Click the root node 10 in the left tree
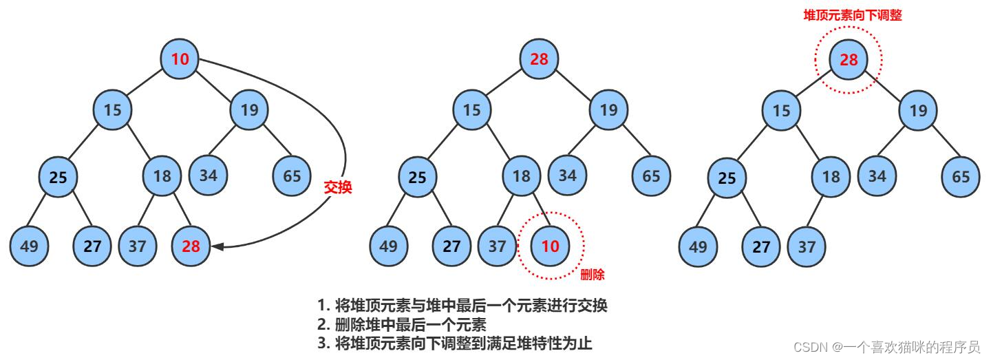[x=180, y=59]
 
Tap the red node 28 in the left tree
[x=191, y=246]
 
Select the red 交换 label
[x=338, y=187]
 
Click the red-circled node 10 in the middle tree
[x=551, y=246]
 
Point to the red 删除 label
[x=593, y=275]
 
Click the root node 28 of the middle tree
[x=539, y=59]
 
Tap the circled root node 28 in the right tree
[x=849, y=59]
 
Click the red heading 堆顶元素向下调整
[x=853, y=14]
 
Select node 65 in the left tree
[x=292, y=175]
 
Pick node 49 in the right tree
[x=699, y=246]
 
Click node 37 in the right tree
[x=807, y=246]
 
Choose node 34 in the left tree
[x=209, y=175]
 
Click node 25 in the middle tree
[x=418, y=176]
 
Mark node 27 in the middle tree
[x=451, y=246]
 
